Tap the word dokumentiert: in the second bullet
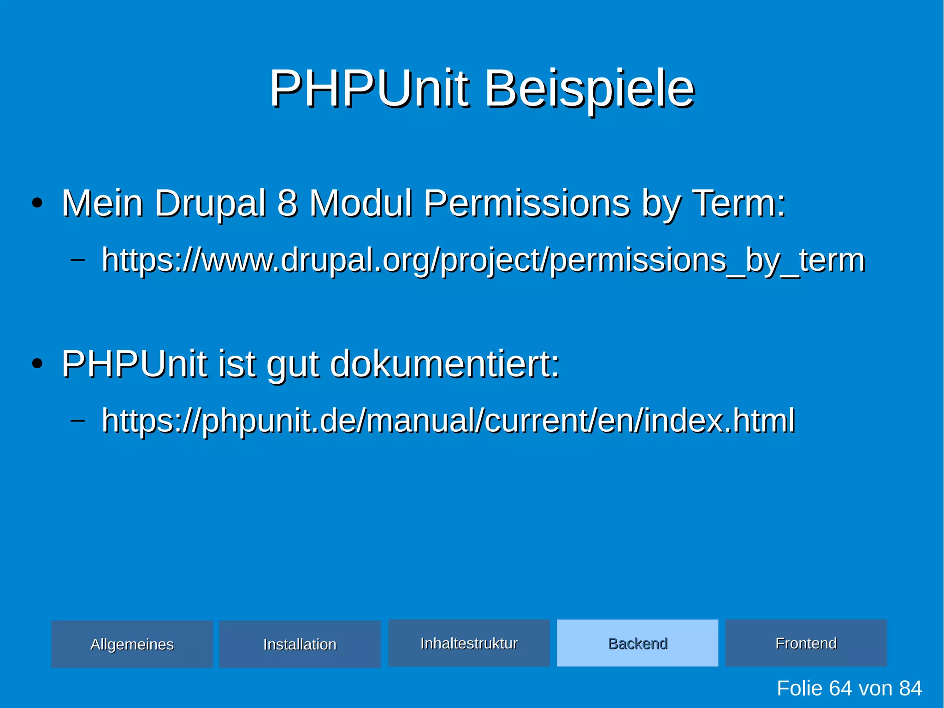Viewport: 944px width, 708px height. [x=445, y=364]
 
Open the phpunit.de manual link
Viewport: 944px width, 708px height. [x=448, y=421]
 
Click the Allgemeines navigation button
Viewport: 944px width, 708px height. [x=132, y=644]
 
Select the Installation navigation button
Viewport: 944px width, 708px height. [x=300, y=644]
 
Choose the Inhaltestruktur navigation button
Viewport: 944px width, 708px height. [x=469, y=643]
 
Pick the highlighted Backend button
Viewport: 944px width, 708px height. [x=637, y=643]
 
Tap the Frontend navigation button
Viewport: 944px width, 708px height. [x=806, y=643]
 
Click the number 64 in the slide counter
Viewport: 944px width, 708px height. [x=840, y=688]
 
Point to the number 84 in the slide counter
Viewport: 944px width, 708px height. [x=910, y=688]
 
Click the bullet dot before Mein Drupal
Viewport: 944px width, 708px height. [x=37, y=203]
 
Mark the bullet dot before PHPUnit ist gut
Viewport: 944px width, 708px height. [x=37, y=364]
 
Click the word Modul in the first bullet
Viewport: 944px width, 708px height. [x=360, y=203]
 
